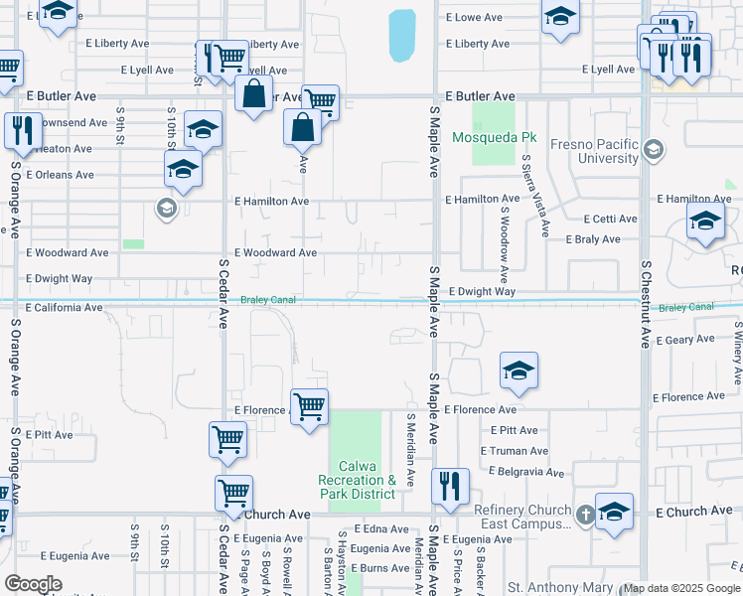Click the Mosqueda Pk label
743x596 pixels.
(x=495, y=137)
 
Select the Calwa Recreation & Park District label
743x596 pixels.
(x=357, y=480)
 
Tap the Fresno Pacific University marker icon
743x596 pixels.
(x=654, y=151)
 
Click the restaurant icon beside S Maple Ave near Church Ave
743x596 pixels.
(x=451, y=486)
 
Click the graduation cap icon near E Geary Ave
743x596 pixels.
(x=519, y=372)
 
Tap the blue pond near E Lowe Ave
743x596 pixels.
(x=401, y=36)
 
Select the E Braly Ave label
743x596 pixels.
(x=593, y=239)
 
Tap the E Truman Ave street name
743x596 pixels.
(x=514, y=451)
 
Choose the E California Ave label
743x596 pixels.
(x=65, y=308)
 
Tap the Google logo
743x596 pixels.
(x=33, y=584)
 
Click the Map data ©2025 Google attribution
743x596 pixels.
(x=678, y=589)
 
